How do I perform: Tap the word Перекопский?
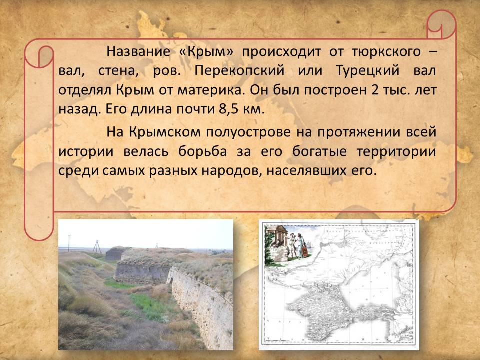[239, 71]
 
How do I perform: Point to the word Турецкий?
[367, 71]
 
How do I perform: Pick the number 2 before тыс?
[375, 90]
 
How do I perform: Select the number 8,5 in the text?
[229, 109]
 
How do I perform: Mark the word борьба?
[202, 151]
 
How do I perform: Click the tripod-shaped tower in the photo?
[97, 246]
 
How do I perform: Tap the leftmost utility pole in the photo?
[69, 243]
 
